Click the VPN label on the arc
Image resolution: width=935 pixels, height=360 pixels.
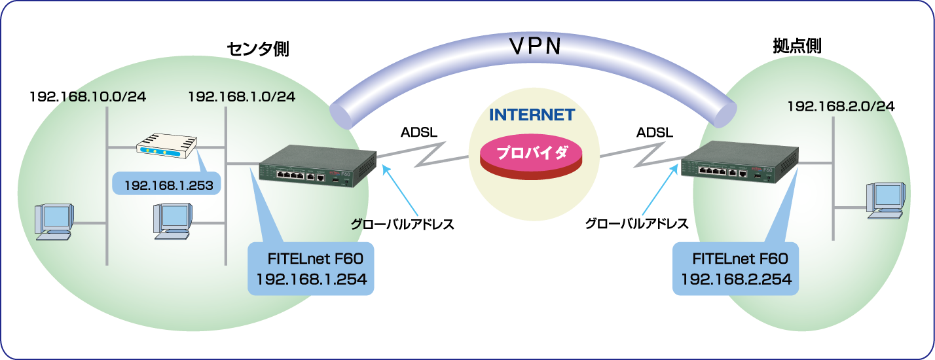[536, 46]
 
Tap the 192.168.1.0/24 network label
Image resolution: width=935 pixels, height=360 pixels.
[241, 97]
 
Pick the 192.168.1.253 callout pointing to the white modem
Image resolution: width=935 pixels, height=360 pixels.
[168, 185]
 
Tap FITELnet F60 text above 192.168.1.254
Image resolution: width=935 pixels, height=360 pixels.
[311, 257]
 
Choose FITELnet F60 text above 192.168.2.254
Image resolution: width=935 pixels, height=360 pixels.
[736, 257]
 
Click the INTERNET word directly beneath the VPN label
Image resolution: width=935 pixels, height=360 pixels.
[532, 115]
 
